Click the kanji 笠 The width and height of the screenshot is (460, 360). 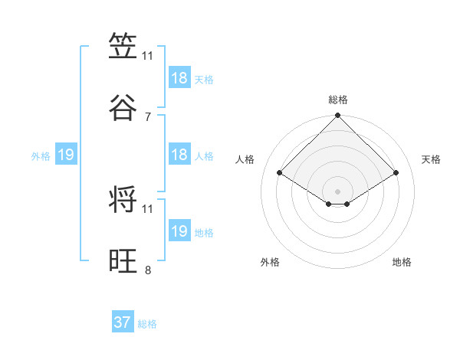coord(123,47)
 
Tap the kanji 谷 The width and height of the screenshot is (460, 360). coord(123,108)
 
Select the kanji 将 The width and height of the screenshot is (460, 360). coord(123,200)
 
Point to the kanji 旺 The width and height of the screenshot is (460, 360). coord(123,261)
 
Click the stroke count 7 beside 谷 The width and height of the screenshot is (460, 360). coord(148,117)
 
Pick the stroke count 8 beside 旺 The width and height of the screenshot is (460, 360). coord(148,270)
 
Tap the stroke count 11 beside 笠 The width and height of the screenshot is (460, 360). coord(148,56)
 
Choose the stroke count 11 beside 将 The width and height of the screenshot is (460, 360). coord(148,208)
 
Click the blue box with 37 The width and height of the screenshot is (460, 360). coord(123,322)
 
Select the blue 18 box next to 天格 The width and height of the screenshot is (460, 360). coord(179,78)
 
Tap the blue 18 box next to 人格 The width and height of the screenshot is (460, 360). coord(179,155)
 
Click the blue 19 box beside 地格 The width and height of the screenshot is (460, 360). coord(179,231)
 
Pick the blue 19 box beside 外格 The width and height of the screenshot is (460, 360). coord(66,155)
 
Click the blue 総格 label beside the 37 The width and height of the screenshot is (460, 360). coord(147,324)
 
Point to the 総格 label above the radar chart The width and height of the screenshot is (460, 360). coord(338,100)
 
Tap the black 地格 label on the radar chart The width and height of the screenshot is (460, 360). coord(402,262)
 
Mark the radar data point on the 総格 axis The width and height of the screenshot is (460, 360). coord(338,116)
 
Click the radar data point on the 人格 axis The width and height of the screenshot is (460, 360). coord(280,173)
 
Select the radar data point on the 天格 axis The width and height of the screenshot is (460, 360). coord(396,173)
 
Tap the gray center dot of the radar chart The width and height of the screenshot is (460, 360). coord(338,191)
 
